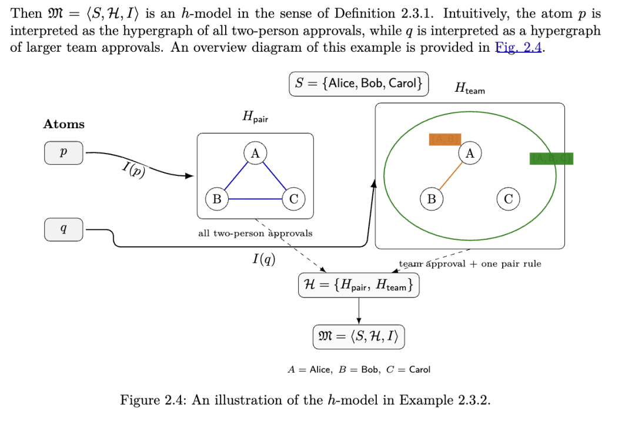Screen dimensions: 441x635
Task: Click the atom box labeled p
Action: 63,153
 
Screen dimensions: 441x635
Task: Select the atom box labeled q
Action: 63,229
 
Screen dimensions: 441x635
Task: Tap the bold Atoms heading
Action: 63,124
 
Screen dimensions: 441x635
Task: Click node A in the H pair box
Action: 255,153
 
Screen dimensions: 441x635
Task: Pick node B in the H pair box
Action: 216,199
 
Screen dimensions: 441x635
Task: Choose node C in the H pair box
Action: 293,199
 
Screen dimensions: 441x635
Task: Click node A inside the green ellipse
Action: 470,153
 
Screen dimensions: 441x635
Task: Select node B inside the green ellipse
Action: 432,199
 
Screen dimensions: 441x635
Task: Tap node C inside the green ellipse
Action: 508,199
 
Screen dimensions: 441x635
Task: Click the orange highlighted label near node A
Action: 444,139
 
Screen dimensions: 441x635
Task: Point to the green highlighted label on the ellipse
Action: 551,158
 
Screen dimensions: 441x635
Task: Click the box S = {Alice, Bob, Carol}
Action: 359,83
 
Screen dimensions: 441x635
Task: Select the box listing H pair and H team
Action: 359,286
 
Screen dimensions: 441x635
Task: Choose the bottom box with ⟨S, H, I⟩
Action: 359,337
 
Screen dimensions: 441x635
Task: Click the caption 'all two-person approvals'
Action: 255,233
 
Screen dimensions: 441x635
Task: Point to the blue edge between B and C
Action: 255,199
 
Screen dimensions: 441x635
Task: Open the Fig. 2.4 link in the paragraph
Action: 519,48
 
